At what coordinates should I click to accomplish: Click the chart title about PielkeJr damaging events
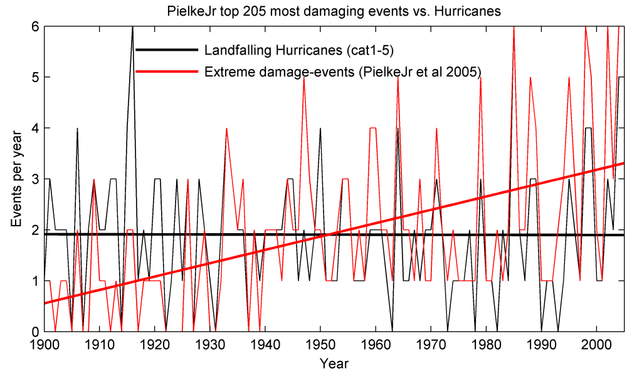(333, 11)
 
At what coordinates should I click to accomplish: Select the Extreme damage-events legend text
(342, 72)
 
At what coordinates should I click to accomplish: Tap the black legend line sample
(166, 50)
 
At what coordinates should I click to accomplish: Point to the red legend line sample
(166, 72)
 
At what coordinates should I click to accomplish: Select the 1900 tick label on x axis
(45, 345)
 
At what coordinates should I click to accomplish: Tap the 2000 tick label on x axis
(596, 345)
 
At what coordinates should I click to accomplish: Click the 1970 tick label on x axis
(431, 345)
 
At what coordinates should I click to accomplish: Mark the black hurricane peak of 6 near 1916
(132, 28)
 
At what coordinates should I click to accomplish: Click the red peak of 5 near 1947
(303, 78)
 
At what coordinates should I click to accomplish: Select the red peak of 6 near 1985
(514, 28)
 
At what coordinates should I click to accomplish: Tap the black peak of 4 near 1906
(77, 128)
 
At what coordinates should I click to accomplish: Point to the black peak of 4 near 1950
(320, 128)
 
